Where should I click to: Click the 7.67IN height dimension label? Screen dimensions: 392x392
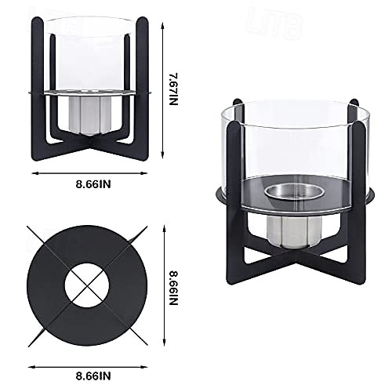pyautogui.click(x=174, y=89)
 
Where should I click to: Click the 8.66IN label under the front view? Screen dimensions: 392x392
pyautogui.click(x=93, y=184)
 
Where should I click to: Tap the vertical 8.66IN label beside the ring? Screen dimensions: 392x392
pyautogui.click(x=174, y=288)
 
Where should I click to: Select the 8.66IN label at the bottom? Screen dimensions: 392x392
pyautogui.click(x=93, y=376)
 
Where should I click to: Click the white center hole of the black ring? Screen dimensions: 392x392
pyautogui.click(x=87, y=285)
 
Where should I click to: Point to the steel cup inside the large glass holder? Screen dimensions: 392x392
pyautogui.click(x=294, y=194)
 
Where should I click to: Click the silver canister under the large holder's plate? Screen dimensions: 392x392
pyautogui.click(x=294, y=231)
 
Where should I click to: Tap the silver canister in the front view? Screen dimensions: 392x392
pyautogui.click(x=89, y=115)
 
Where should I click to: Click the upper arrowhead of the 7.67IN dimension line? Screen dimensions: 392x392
pyautogui.click(x=162, y=26)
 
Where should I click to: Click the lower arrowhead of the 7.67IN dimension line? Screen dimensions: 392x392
pyautogui.click(x=162, y=155)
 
